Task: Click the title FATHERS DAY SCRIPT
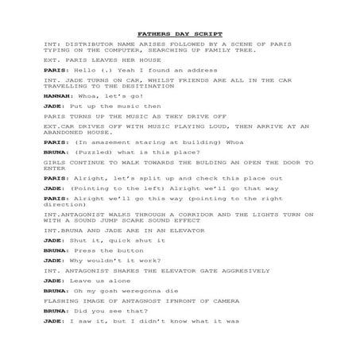coord(180,34)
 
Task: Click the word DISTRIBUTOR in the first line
coord(82,44)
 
